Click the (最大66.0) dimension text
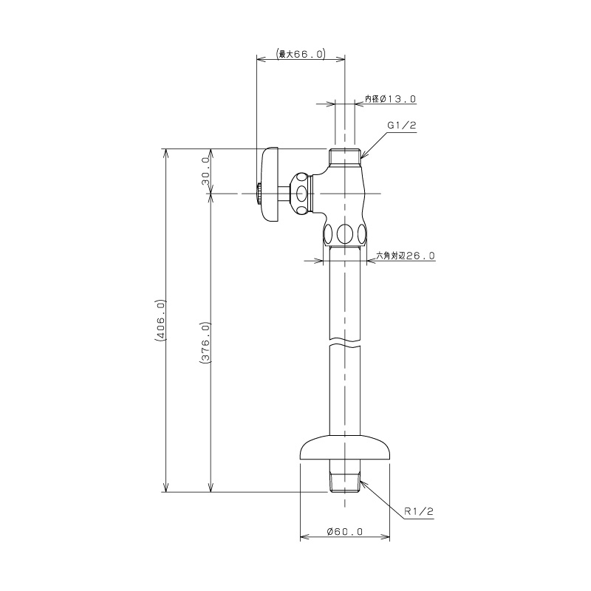tap(301, 53)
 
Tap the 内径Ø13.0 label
tap(390, 99)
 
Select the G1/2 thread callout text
tap(402, 126)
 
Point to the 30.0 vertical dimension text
tap(206, 171)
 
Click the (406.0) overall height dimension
tap(160, 321)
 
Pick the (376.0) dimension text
tap(205, 342)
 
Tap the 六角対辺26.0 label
tap(406, 256)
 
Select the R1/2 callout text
tap(419, 511)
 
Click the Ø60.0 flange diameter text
tap(345, 531)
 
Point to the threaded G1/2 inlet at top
tap(344, 158)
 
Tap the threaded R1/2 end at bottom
tap(344, 482)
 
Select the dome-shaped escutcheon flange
tap(344, 448)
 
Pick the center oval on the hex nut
tap(344, 234)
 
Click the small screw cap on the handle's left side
tap(258, 194)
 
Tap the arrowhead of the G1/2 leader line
tap(363, 156)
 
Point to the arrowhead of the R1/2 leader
tap(363, 482)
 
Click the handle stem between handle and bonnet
tap(284, 194)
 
